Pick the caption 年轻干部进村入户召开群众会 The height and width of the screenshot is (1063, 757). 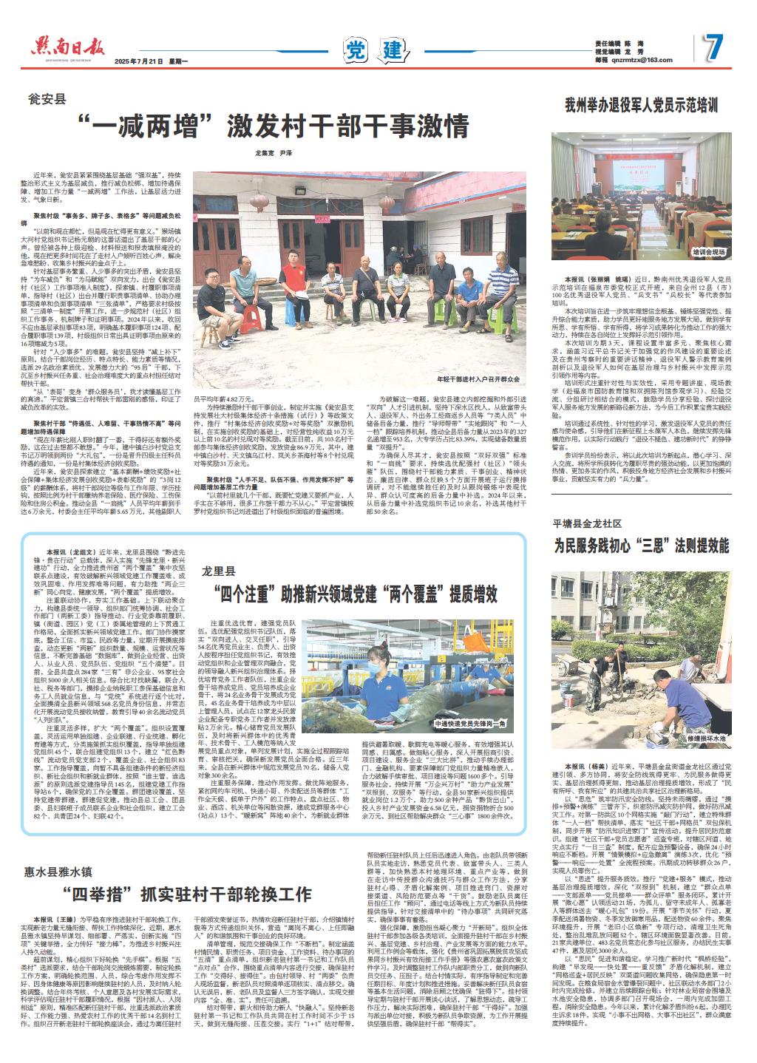click(x=479, y=379)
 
